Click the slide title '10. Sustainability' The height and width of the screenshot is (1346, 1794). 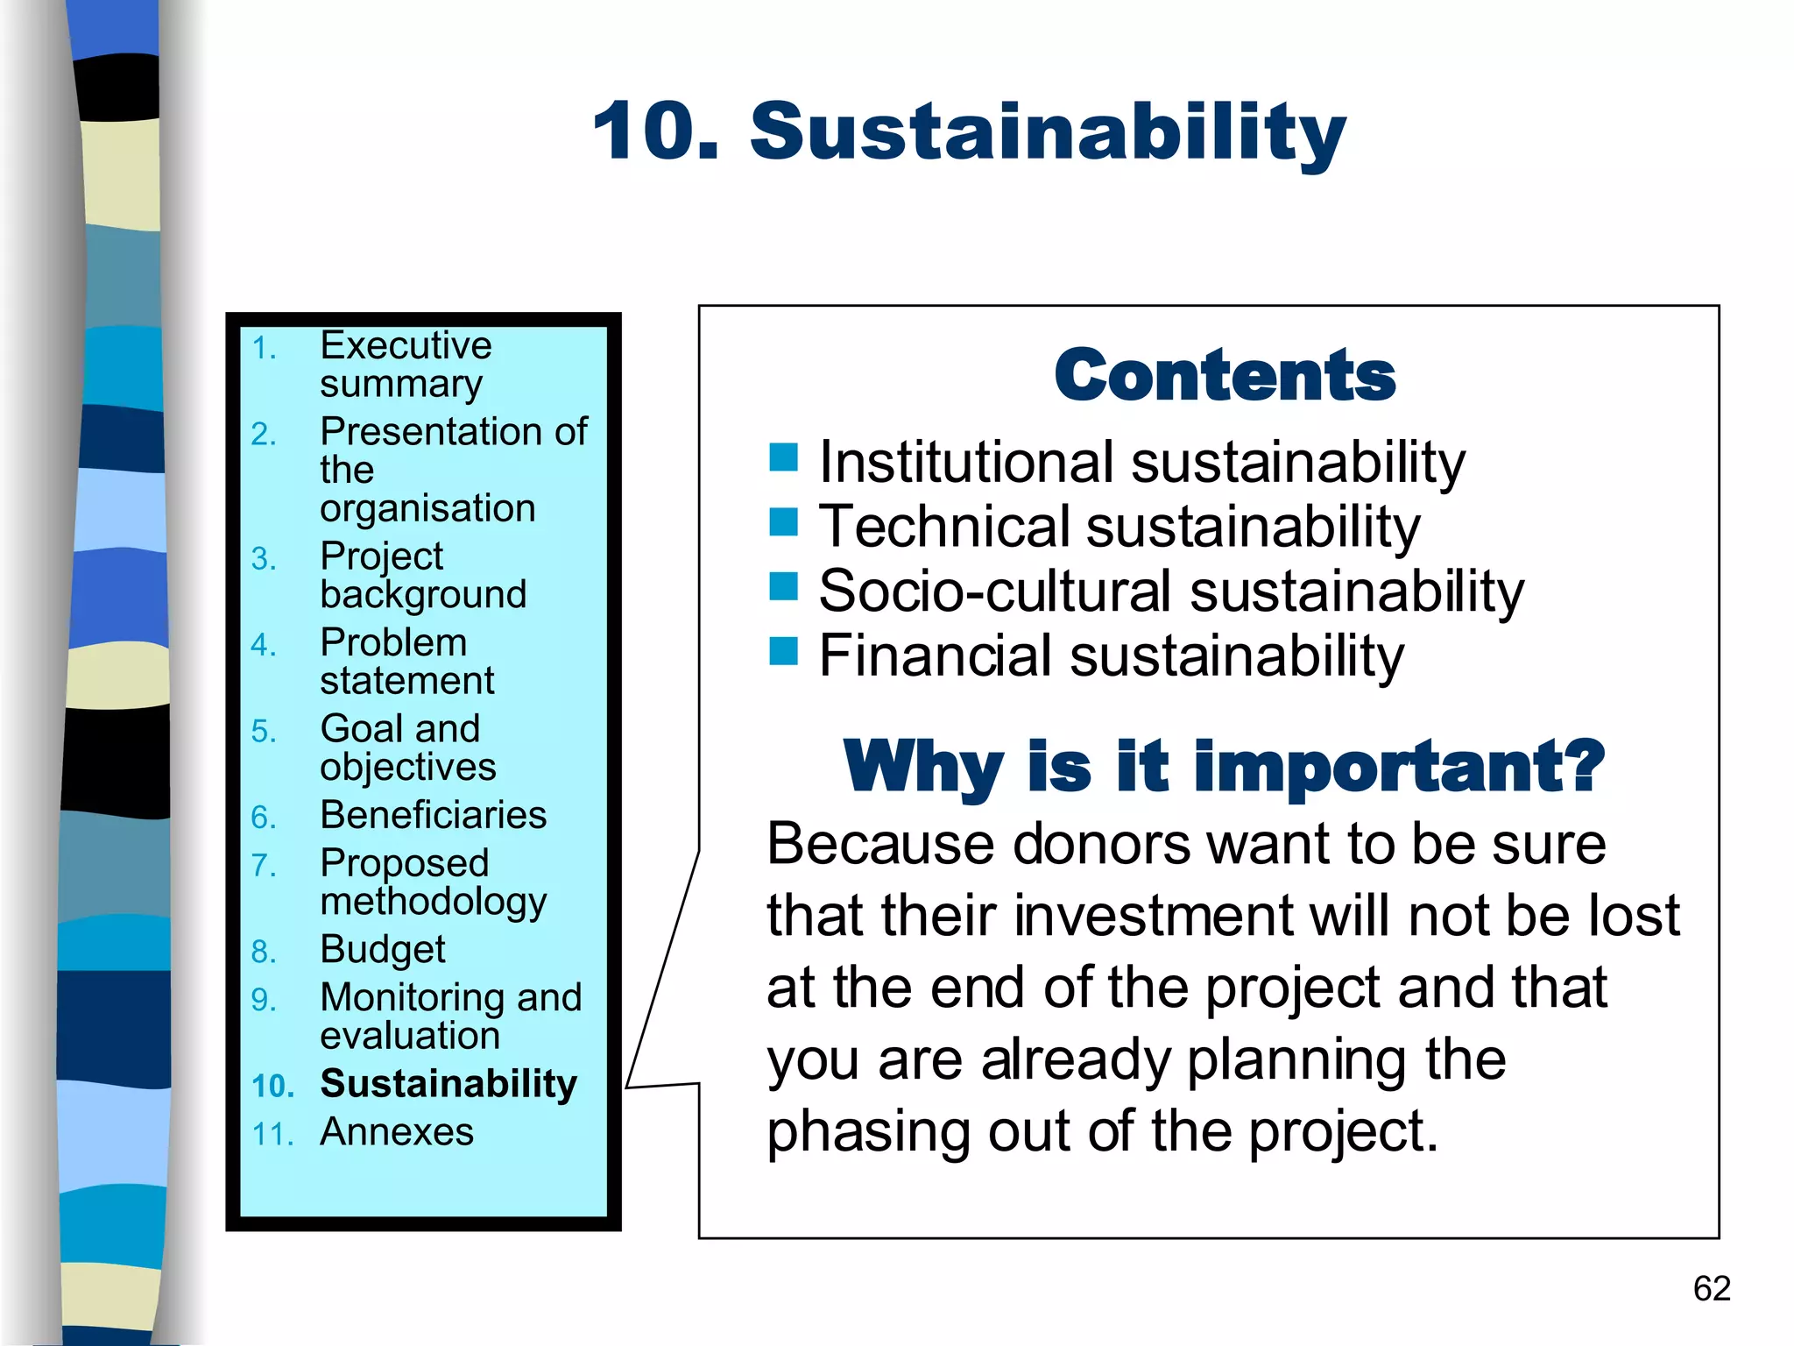pyautogui.click(x=969, y=131)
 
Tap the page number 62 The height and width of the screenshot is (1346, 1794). pyautogui.click(x=1712, y=1288)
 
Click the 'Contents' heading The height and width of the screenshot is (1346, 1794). pyautogui.click(x=1225, y=375)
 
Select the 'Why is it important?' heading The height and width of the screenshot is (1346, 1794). pyautogui.click(x=1224, y=766)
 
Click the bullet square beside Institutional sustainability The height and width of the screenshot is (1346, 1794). pyautogui.click(x=783, y=457)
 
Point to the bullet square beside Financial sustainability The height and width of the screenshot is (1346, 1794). pyautogui.click(x=783, y=651)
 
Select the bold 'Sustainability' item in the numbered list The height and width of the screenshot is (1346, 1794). pyautogui.click(x=448, y=1083)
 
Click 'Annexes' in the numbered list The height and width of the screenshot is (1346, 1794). pyautogui.click(x=397, y=1131)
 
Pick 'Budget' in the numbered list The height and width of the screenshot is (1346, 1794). pyautogui.click(x=383, y=949)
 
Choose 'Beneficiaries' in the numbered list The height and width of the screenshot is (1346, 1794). pyautogui.click(x=434, y=815)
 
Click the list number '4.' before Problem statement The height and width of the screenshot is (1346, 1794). pyautogui.click(x=264, y=645)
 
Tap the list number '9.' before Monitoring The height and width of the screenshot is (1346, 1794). pyautogui.click(x=264, y=999)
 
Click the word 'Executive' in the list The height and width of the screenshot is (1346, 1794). pyautogui.click(x=406, y=345)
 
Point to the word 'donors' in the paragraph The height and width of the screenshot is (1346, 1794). pyautogui.click(x=1101, y=844)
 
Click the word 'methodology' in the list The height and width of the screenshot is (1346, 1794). pyautogui.click(x=434, y=902)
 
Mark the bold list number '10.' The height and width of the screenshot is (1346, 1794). pyautogui.click(x=272, y=1086)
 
